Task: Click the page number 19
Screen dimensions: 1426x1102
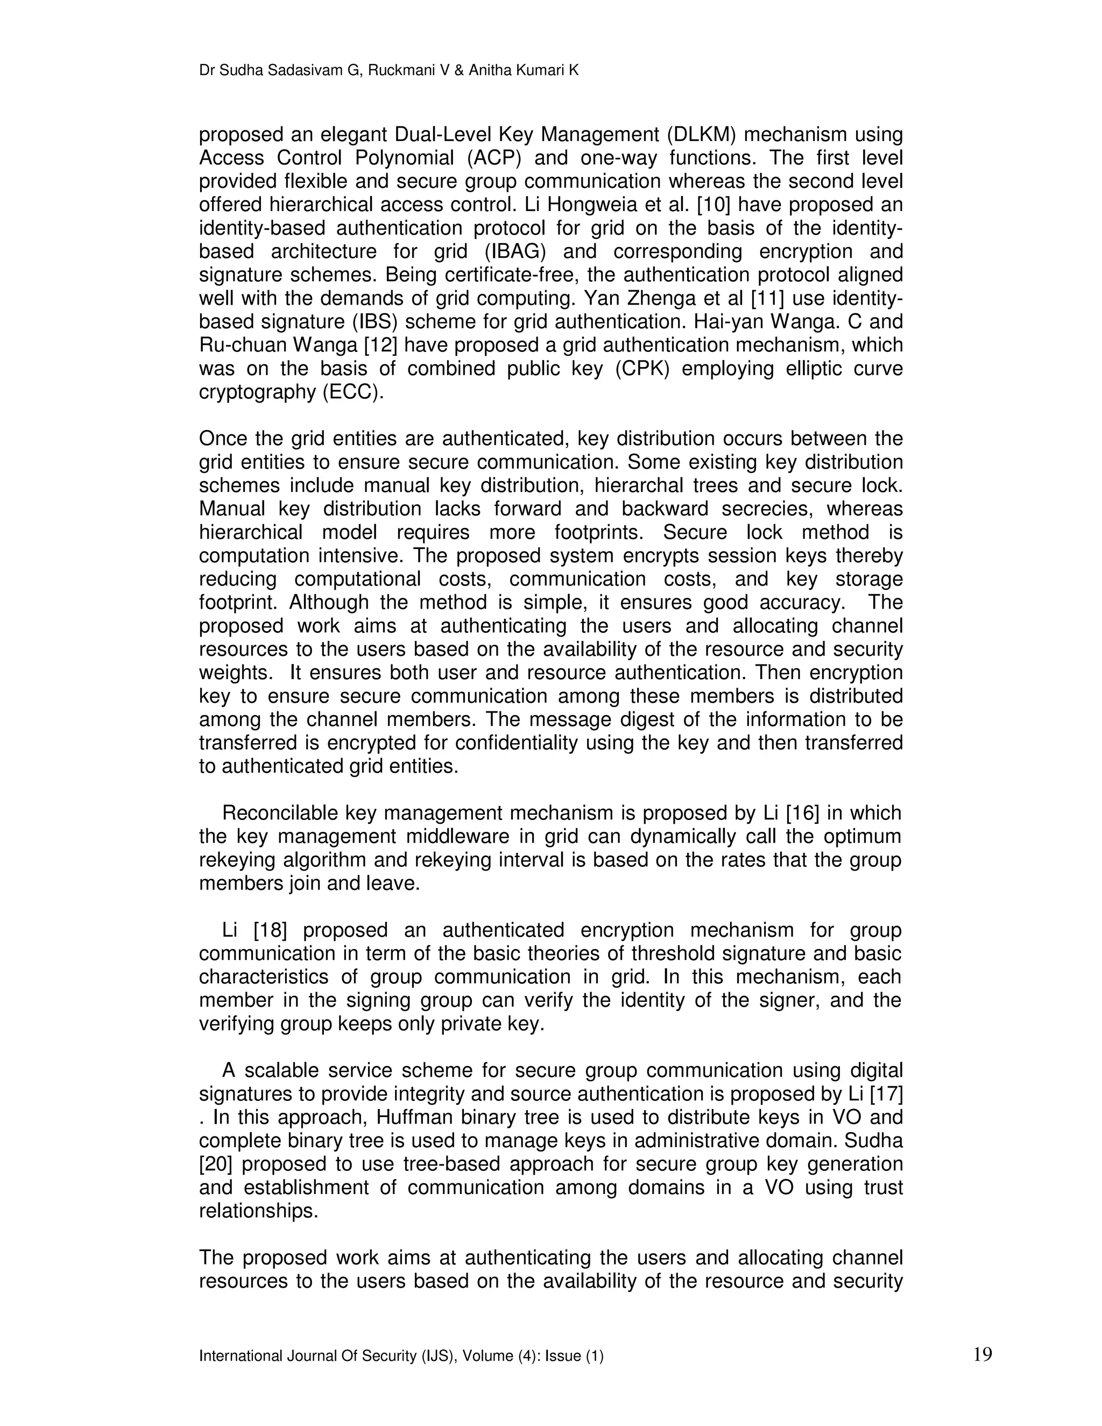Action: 982,1354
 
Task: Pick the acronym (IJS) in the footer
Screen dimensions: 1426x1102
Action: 441,1357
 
